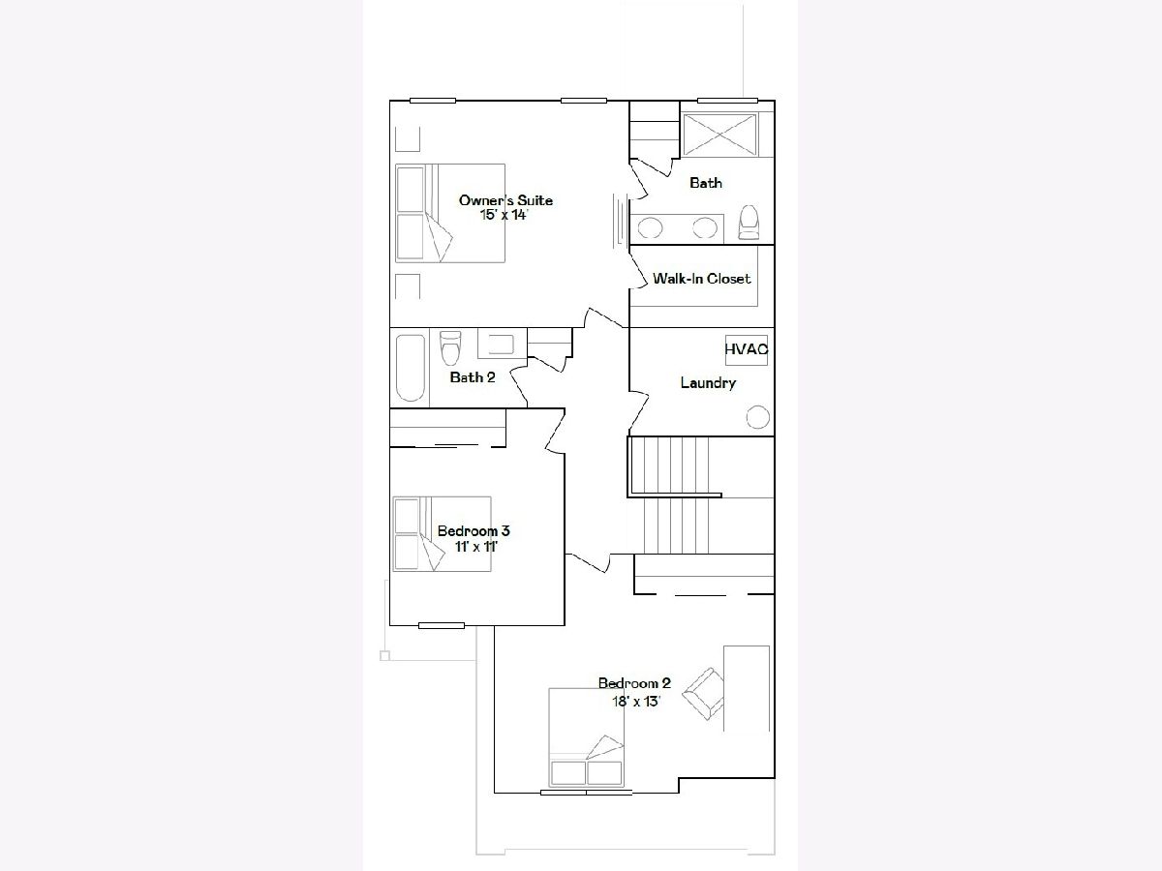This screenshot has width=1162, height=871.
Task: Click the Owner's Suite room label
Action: [505, 200]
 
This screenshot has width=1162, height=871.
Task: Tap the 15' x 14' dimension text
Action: [505, 215]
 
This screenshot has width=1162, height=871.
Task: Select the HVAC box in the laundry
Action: [746, 350]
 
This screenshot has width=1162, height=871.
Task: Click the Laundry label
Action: [708, 383]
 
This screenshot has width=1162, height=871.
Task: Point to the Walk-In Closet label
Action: [701, 279]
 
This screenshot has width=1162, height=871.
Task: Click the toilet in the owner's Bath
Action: [749, 223]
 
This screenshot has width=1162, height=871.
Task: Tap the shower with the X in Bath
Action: [720, 135]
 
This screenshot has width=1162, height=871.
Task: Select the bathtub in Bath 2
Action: [411, 368]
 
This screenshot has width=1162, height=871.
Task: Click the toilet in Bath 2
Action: [450, 348]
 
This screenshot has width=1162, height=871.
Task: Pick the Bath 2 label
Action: [473, 377]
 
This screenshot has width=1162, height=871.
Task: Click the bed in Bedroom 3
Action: [442, 533]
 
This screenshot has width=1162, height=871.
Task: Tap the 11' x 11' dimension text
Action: [475, 547]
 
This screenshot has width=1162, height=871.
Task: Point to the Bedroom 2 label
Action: [634, 683]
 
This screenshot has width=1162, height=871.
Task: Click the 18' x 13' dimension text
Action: [636, 702]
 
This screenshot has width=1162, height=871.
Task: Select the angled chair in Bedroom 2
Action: [703, 693]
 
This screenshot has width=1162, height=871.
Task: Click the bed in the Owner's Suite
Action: [450, 213]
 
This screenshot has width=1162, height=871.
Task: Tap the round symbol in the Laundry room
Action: [757, 417]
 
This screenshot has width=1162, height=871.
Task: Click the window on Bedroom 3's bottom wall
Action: [442, 625]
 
